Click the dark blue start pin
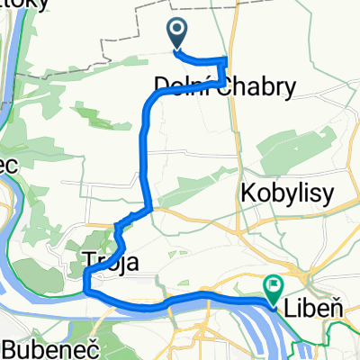point(177,34)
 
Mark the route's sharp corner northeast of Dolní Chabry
point(224,60)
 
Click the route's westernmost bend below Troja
point(85,286)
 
